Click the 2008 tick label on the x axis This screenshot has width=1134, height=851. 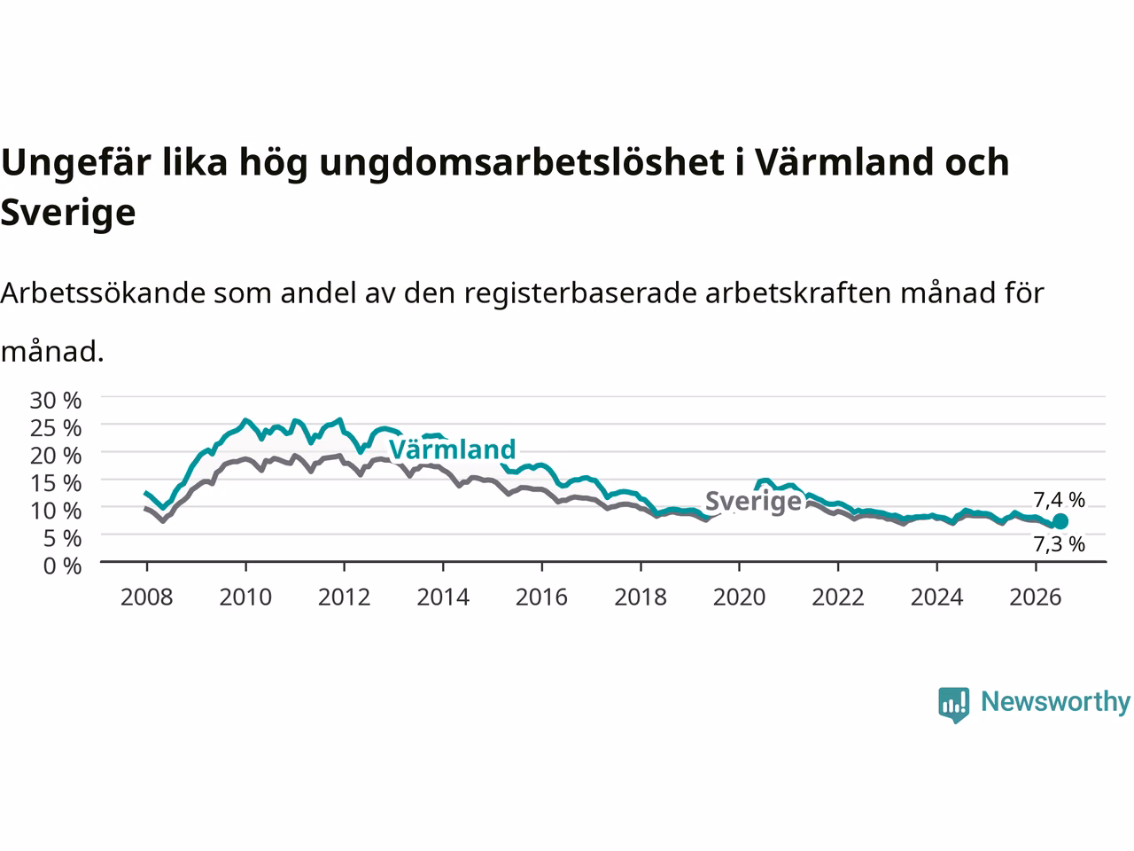tap(147, 597)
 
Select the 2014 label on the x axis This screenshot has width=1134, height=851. tap(443, 597)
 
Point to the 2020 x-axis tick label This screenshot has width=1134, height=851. tap(739, 597)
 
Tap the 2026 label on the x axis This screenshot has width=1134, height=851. tap(1036, 597)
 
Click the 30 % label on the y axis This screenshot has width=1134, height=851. tap(55, 401)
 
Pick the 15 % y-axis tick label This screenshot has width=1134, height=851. tap(55, 483)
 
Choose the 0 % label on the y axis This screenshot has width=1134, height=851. tap(62, 566)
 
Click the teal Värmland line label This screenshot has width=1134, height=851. tap(452, 449)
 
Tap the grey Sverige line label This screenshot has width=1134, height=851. tap(753, 502)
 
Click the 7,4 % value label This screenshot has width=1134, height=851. tap(1059, 500)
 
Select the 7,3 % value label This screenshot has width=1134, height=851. tap(1059, 544)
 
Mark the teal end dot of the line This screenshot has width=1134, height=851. tap(1060, 521)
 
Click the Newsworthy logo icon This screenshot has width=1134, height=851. tap(953, 705)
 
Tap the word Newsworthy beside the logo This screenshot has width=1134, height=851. tap(1055, 702)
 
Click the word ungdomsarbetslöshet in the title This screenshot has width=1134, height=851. tap(522, 164)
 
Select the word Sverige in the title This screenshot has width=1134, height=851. tap(67, 214)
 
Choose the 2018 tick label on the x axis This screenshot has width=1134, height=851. tap(641, 597)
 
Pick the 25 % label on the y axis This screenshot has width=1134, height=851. tap(55, 428)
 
